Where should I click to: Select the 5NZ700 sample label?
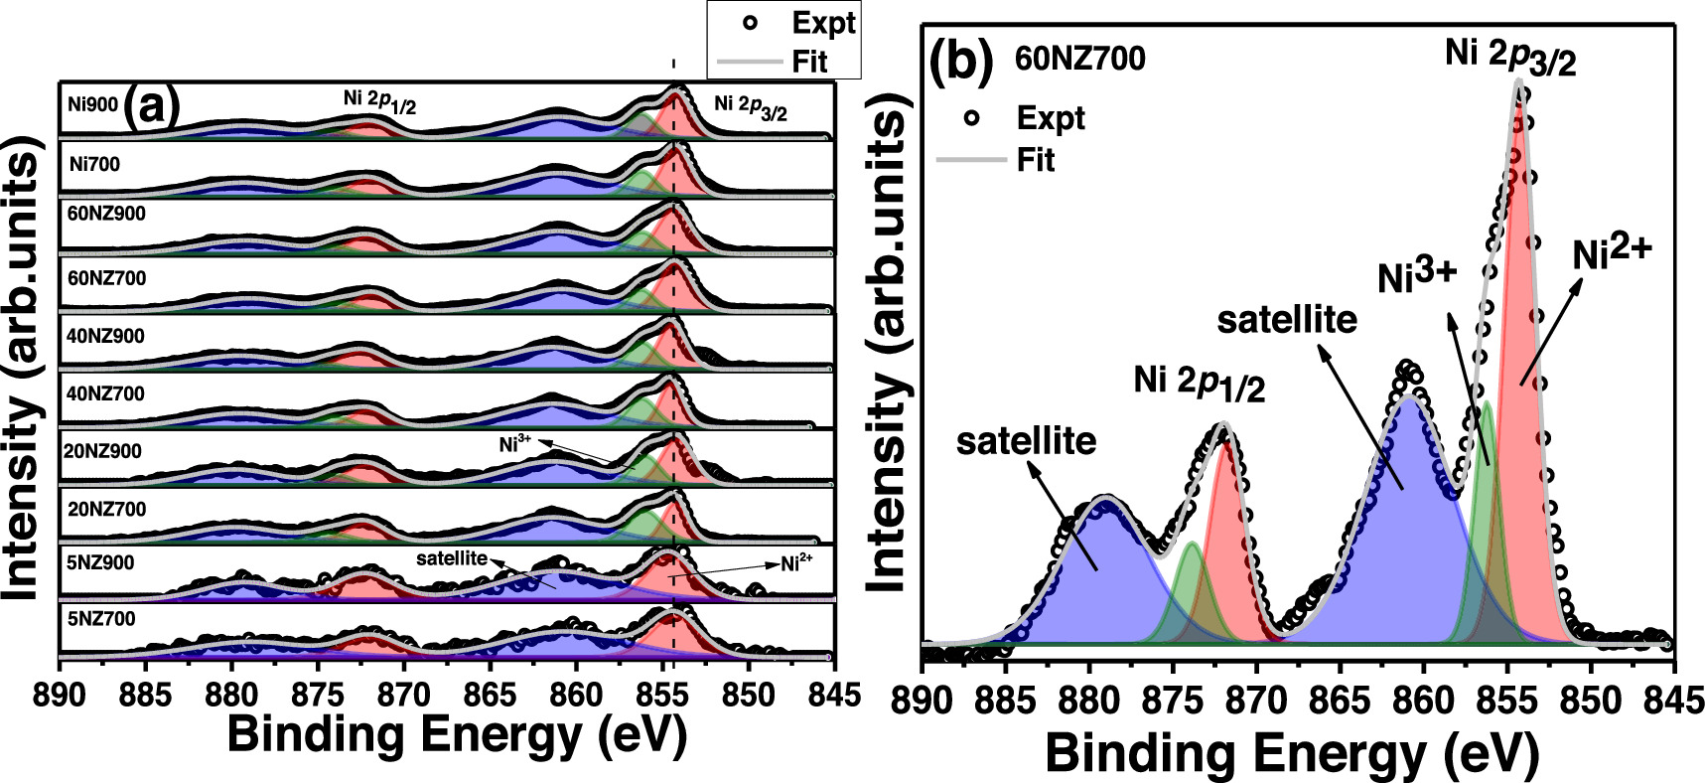pyautogui.click(x=101, y=620)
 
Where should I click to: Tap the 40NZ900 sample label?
pyautogui.click(x=105, y=336)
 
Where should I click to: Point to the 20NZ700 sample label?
pyautogui.click(x=105, y=510)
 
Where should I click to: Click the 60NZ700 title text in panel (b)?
pyautogui.click(x=1079, y=60)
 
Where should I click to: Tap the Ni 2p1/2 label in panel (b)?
pyautogui.click(x=1199, y=383)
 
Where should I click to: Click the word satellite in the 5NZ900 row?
pyautogui.click(x=452, y=558)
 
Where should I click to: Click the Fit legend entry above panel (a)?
pyautogui.click(x=809, y=62)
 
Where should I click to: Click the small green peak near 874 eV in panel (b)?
pyautogui.click(x=1190, y=596)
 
